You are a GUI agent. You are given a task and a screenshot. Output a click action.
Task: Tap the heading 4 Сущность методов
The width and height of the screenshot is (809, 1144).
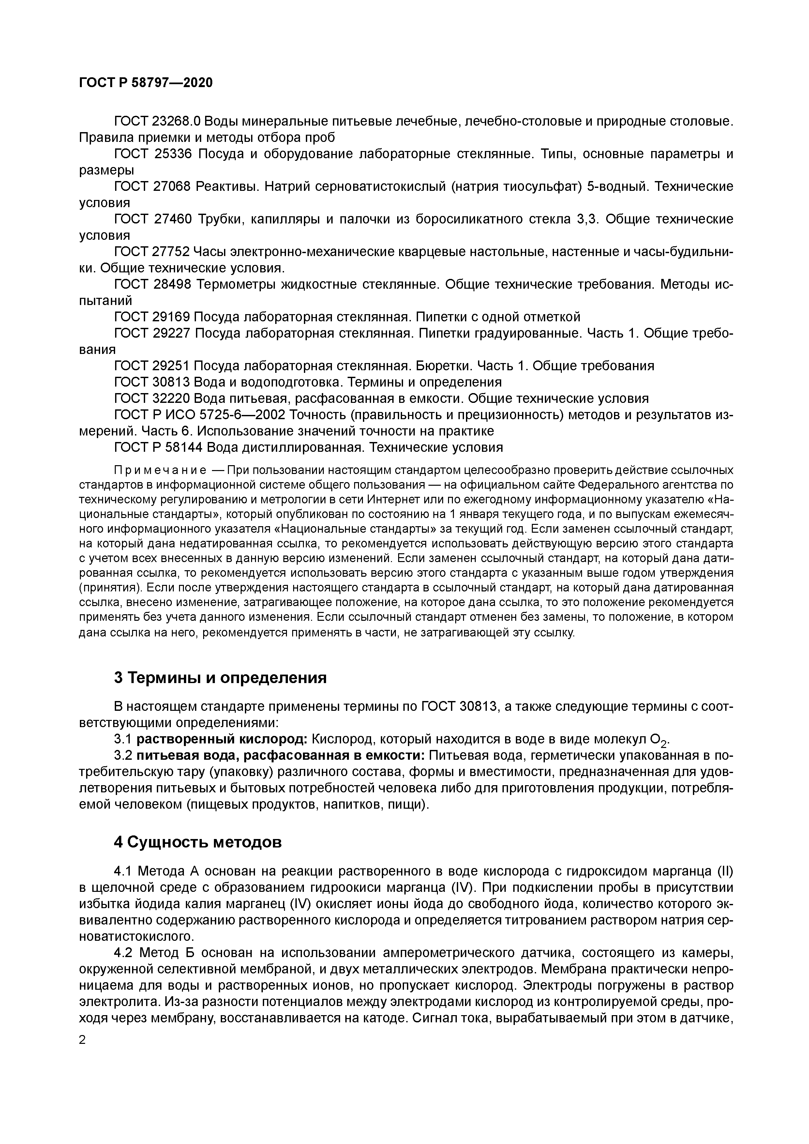point(198,842)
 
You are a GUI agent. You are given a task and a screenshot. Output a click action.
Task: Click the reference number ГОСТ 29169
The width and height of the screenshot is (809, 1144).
point(152,317)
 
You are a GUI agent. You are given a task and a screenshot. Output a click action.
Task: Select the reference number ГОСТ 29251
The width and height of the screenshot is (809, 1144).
point(152,366)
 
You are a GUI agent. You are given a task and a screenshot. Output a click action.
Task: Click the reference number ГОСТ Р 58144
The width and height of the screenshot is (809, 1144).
point(158,447)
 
